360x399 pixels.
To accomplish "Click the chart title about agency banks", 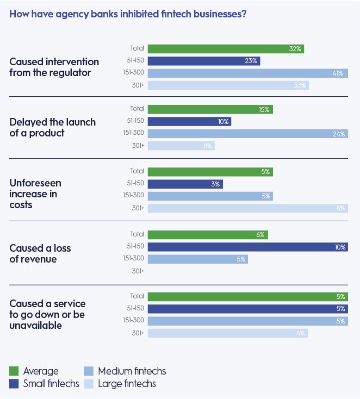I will (128, 14).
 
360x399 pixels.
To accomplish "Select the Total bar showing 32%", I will (225, 49).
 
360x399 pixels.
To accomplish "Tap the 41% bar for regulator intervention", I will (247, 73).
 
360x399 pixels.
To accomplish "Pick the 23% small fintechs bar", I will (203, 61).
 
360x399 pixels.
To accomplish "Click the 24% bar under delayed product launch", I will (247, 134).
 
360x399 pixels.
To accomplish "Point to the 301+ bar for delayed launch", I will (181, 146).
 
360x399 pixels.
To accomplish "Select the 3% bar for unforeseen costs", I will (185, 184).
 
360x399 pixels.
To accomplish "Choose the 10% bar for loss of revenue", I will (247, 247).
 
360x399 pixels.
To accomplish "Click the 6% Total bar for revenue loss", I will (207, 235).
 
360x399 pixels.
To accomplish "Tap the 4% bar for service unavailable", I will (227, 333).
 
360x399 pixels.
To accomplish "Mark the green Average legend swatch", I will (15, 372).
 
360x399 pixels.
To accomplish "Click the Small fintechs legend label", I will (51, 384).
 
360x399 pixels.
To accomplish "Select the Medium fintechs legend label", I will (132, 372).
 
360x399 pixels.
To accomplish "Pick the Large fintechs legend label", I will (127, 384).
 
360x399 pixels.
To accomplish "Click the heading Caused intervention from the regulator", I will (54, 67).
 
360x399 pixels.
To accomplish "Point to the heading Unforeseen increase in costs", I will (36, 194).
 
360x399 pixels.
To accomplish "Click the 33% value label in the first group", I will (300, 85).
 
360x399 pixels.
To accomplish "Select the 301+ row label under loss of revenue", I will (137, 271).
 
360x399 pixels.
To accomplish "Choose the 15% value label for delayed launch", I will (264, 110).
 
